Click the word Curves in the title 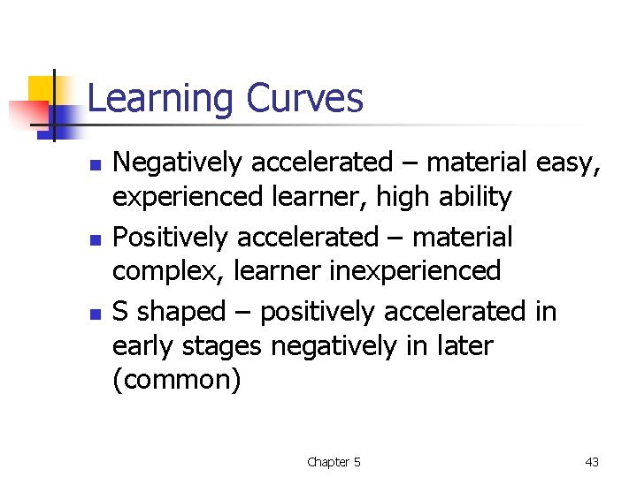(x=305, y=98)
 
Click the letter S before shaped (x=122, y=312)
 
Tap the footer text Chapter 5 (x=334, y=462)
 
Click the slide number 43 (x=592, y=462)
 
